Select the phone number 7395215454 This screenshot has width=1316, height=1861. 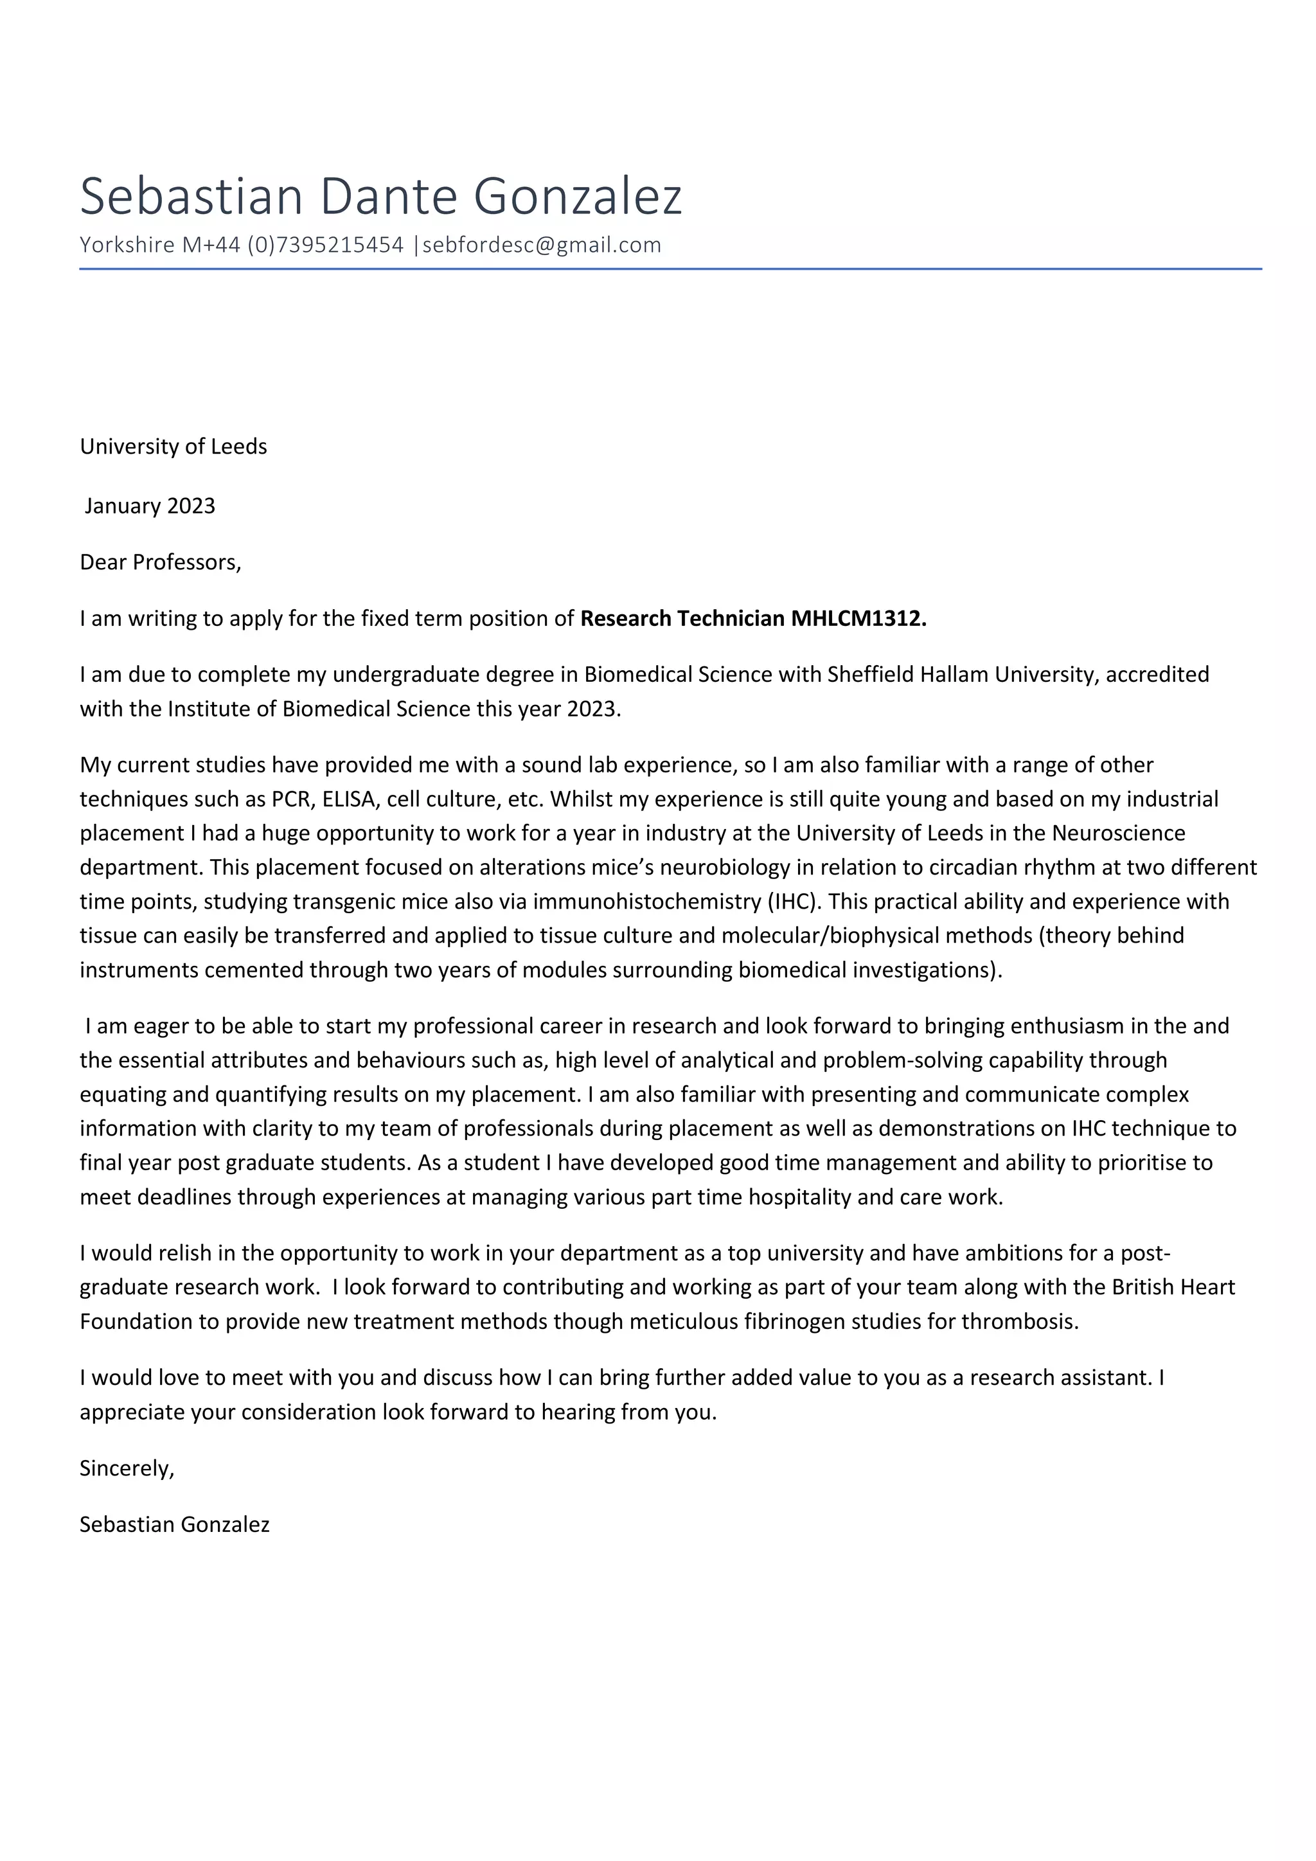point(341,245)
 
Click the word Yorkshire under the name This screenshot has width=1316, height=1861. point(127,245)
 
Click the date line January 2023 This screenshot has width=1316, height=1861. point(150,506)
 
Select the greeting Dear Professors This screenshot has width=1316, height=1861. point(159,562)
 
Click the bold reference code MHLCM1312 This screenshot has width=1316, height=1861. point(857,618)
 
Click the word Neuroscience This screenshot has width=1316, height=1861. point(1118,833)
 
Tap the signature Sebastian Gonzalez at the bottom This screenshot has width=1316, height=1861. point(174,1525)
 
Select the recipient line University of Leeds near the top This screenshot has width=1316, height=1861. point(173,447)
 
